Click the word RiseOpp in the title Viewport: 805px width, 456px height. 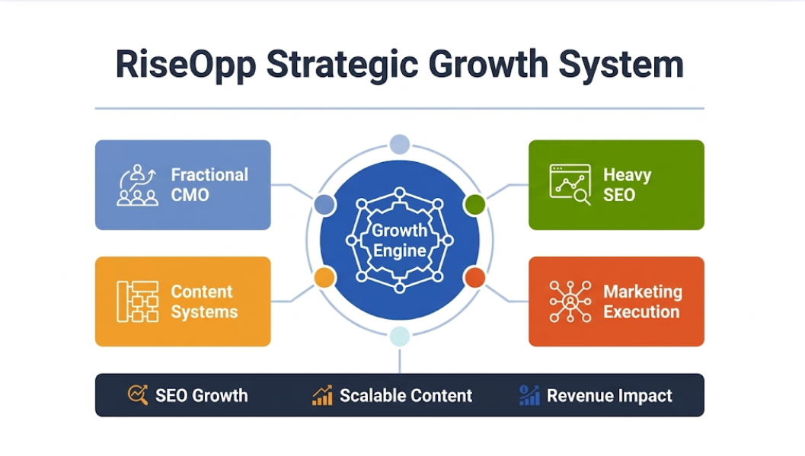click(x=186, y=65)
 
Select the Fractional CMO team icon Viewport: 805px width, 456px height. click(x=137, y=185)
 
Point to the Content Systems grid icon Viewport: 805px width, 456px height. click(x=138, y=301)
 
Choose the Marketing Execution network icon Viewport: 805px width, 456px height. click(x=570, y=301)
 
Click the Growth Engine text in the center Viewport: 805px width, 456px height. click(x=399, y=241)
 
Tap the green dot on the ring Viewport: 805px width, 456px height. click(x=474, y=205)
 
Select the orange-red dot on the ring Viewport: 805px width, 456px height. click(x=474, y=278)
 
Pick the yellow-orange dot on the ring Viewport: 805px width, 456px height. click(x=324, y=278)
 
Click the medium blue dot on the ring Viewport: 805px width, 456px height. click(x=324, y=205)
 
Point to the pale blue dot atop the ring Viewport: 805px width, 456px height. click(x=399, y=144)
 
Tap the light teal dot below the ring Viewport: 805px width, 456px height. click(x=399, y=336)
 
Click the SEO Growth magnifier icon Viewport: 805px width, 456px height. click(x=138, y=395)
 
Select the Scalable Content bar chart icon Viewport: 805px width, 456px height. click(x=322, y=395)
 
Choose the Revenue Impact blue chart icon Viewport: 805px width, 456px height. click(x=529, y=395)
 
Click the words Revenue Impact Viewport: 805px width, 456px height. click(x=609, y=396)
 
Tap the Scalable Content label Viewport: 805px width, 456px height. click(x=406, y=396)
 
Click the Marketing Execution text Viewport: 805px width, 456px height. click(x=643, y=301)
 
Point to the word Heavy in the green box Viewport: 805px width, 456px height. click(x=628, y=175)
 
